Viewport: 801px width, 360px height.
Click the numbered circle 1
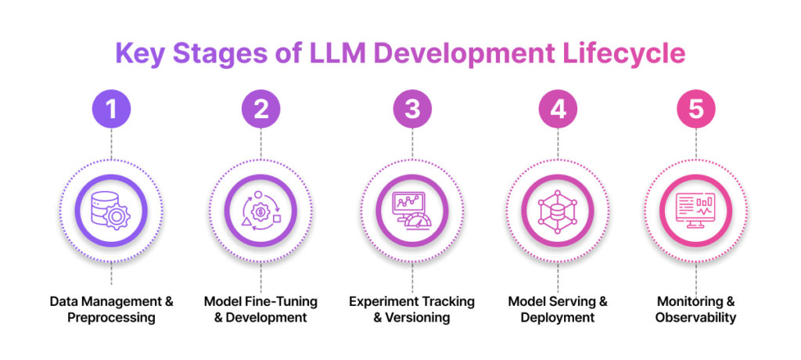[112, 110]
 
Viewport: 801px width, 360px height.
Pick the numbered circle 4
[558, 110]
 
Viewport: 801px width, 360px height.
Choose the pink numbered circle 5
[695, 110]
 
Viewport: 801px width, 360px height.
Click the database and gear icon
[112, 208]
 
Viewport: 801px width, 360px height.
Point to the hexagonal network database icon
[558, 208]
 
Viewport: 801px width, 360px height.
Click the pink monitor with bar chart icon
[695, 208]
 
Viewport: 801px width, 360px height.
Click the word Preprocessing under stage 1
[112, 318]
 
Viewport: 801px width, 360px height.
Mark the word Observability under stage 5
[695, 318]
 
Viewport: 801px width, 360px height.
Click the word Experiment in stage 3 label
[381, 301]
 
